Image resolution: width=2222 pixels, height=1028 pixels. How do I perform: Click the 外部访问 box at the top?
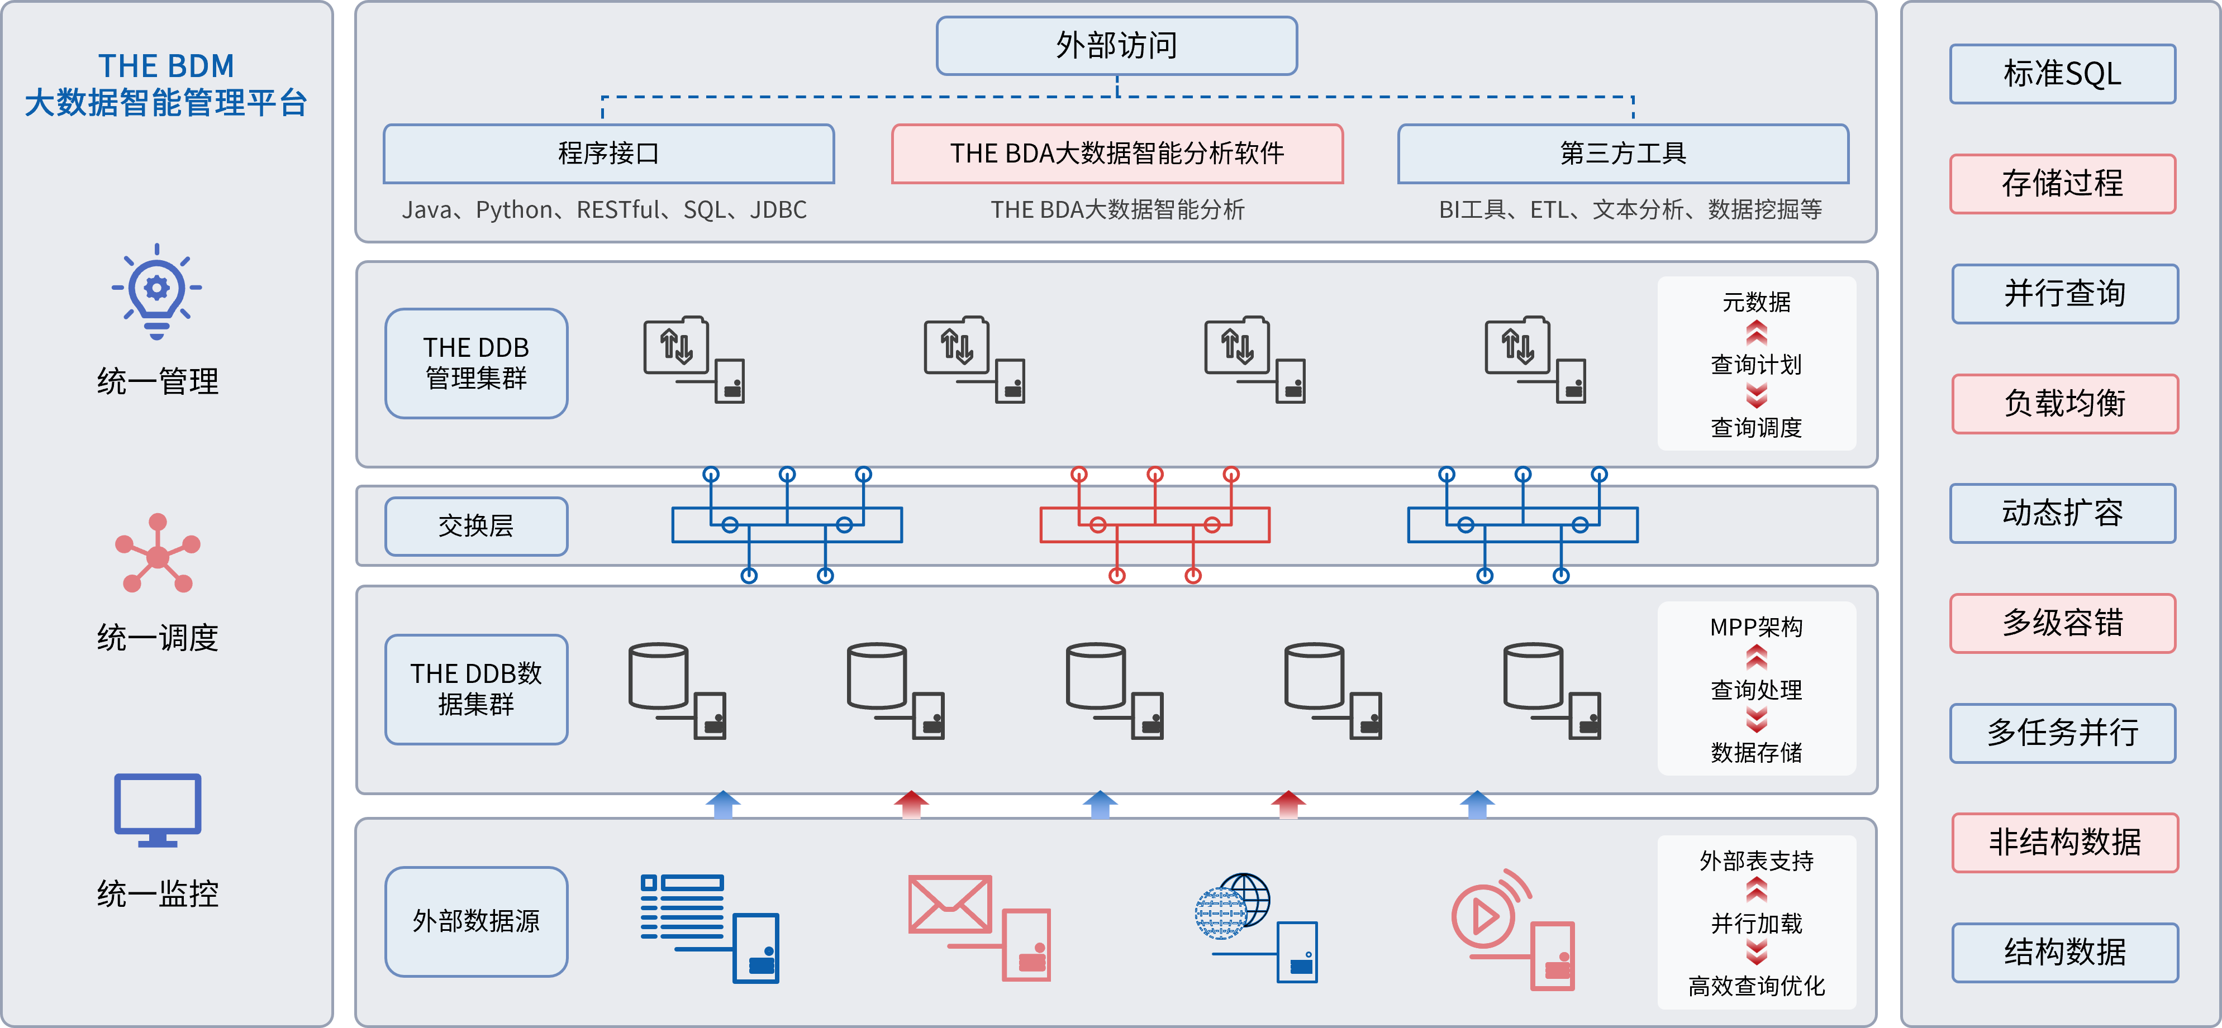coord(1116,46)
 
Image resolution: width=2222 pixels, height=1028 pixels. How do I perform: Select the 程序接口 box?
coord(608,154)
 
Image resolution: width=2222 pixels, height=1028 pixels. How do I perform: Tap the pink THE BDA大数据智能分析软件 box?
coord(1117,154)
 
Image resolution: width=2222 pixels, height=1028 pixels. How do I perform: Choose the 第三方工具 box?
coord(1623,154)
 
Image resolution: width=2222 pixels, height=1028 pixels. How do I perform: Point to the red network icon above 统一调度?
coord(157,554)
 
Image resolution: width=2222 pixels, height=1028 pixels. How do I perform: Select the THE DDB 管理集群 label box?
coord(476,363)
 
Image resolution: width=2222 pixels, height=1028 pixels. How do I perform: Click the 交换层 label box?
coord(476,526)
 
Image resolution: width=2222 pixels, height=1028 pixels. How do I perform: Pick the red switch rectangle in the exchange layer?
coord(1154,524)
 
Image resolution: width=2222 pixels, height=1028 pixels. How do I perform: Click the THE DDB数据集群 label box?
coord(476,689)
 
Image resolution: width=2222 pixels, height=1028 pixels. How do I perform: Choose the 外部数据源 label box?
coord(476,921)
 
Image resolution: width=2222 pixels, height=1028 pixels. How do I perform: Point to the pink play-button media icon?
coord(1486,914)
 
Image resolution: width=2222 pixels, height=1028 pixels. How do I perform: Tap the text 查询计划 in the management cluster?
coord(1756,365)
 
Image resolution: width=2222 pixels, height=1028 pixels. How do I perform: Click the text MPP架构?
coord(1756,627)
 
